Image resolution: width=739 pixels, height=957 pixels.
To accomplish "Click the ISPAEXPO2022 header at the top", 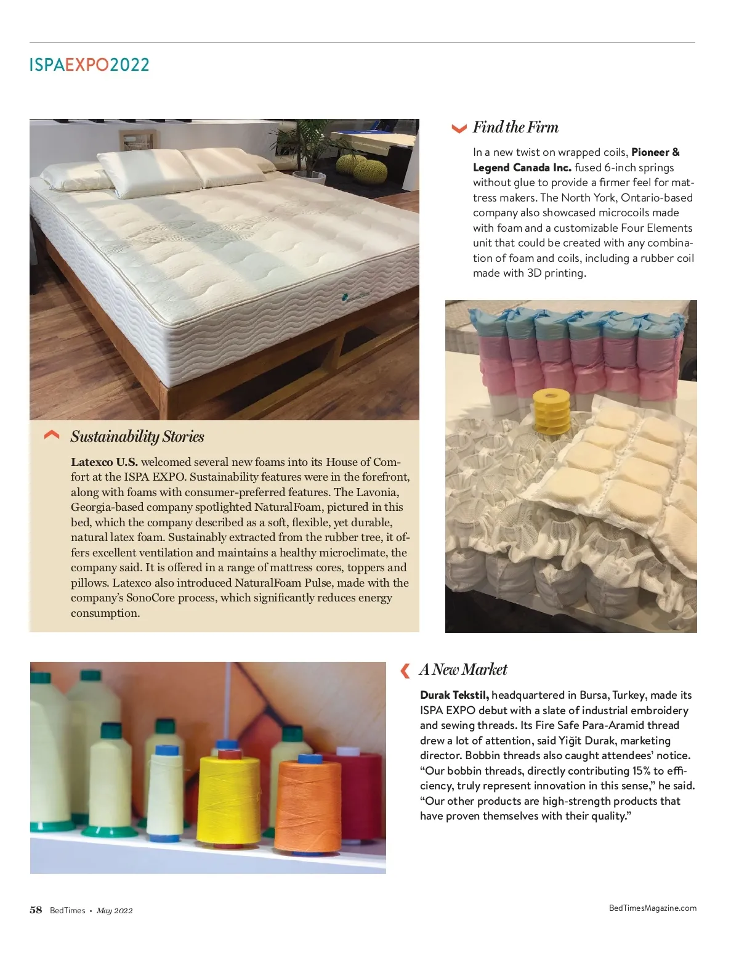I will pyautogui.click(x=89, y=65).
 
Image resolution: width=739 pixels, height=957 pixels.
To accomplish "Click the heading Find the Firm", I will pyautogui.click(x=515, y=128).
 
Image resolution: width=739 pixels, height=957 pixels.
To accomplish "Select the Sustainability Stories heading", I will pyautogui.click(x=137, y=437).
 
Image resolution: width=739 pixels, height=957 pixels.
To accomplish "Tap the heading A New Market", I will pyautogui.click(x=463, y=670).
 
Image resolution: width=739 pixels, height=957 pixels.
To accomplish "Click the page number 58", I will pyautogui.click(x=36, y=910).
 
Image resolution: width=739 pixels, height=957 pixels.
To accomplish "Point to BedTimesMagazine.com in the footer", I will pyautogui.click(x=652, y=908).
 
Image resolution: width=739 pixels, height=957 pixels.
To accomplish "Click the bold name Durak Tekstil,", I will pyautogui.click(x=454, y=695).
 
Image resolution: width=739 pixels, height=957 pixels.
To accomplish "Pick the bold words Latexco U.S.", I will pyautogui.click(x=104, y=462).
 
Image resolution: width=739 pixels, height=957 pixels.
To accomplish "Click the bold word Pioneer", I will pyautogui.click(x=650, y=152).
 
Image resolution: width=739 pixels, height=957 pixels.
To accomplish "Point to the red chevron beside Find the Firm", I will pyautogui.click(x=459, y=129).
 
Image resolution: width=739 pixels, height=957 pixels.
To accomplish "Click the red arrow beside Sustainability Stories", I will pyautogui.click(x=52, y=436).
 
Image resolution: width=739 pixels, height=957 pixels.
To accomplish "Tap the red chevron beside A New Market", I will pyautogui.click(x=405, y=670).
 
